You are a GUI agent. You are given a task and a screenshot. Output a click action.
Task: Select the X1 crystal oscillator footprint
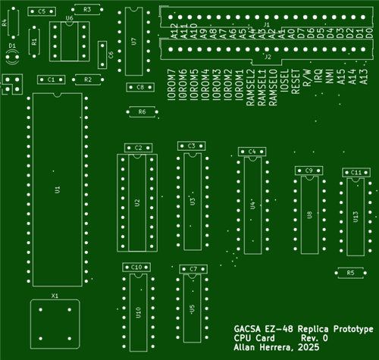pyautogui.click(x=55, y=322)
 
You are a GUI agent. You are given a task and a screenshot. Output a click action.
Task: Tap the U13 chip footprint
pyautogui.click(x=356, y=216)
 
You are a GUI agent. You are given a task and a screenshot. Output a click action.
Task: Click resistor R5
pyautogui.click(x=349, y=272)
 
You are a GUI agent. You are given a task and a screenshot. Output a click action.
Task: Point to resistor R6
pyautogui.click(x=141, y=112)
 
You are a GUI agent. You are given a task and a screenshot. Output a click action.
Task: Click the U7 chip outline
pyautogui.click(x=133, y=42)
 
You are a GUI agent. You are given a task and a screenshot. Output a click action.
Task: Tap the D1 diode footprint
pyautogui.click(x=11, y=55)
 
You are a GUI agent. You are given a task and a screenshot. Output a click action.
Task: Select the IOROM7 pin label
pyautogui.click(x=172, y=88)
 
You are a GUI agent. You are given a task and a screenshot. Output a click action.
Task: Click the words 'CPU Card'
pyautogui.click(x=254, y=338)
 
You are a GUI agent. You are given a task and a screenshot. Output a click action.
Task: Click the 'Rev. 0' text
pyautogui.click(x=314, y=338)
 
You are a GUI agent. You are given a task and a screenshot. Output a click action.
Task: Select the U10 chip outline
pyautogui.click(x=137, y=311)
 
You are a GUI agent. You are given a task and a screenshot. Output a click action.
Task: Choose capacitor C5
pyautogui.click(x=41, y=11)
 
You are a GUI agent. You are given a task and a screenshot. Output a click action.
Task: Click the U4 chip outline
pyautogui.click(x=252, y=205)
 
